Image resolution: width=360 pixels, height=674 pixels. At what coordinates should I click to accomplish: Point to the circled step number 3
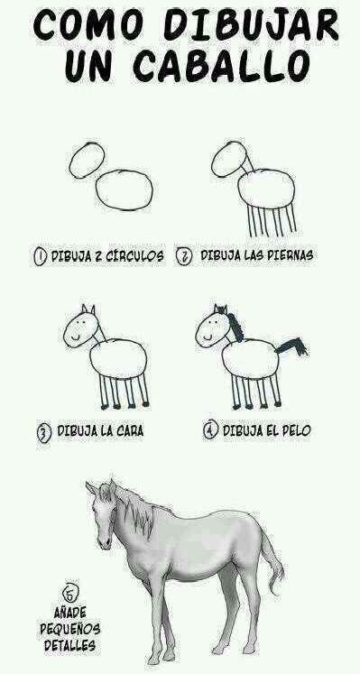(42, 431)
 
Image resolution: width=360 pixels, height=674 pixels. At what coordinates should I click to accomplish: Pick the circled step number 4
(209, 430)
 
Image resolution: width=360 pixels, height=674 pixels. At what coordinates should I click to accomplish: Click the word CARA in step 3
(126, 431)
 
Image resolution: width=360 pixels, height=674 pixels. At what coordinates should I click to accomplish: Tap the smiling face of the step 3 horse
(81, 328)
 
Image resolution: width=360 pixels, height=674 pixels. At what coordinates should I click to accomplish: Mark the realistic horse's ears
(100, 488)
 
